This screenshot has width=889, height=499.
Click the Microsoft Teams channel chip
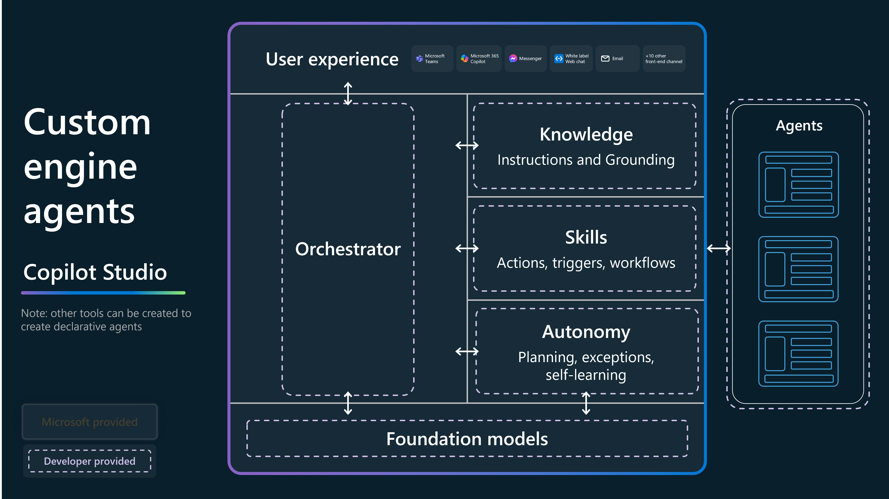432,59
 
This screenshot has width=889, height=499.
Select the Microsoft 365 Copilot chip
479,59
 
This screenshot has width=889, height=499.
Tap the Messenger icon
513,59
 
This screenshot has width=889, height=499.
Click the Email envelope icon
605,59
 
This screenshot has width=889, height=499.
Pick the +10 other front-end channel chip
664,59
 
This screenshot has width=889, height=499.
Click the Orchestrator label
348,249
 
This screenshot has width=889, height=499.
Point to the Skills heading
586,238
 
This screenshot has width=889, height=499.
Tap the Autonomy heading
586,332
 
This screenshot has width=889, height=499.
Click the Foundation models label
467,439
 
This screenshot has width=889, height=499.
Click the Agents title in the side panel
799,126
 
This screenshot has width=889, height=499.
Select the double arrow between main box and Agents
718,248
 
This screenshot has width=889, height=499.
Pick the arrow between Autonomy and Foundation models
586,403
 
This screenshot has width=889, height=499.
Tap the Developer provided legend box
90,461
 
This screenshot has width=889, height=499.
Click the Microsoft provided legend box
90,422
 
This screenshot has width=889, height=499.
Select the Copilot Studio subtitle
95,272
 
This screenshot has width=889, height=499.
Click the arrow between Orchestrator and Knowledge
467,145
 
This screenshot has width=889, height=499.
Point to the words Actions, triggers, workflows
586,263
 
